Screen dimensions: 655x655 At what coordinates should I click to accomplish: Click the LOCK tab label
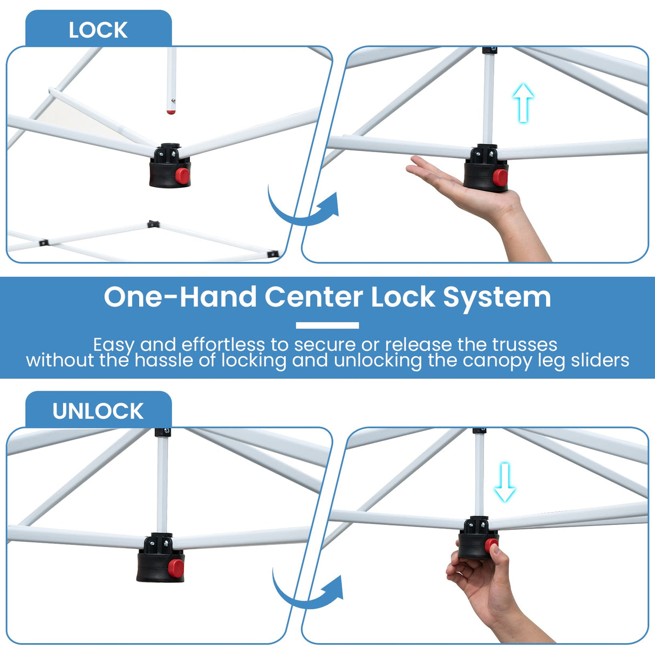point(98,30)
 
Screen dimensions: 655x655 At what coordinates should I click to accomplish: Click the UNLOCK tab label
point(98,411)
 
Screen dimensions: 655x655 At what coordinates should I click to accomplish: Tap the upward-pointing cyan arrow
point(523,102)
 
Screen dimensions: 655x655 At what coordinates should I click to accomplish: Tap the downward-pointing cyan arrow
point(505,482)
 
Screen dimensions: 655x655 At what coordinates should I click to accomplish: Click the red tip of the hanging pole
point(171,112)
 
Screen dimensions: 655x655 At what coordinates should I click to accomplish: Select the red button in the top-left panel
point(182,175)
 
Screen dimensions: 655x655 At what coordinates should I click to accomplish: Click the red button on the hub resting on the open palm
point(500,177)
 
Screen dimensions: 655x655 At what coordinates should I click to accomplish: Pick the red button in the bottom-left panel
point(175,567)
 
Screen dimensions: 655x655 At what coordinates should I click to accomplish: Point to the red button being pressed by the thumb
point(490,545)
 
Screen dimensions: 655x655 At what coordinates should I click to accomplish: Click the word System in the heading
point(497,297)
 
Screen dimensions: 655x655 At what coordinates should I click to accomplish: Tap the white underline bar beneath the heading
point(327,325)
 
